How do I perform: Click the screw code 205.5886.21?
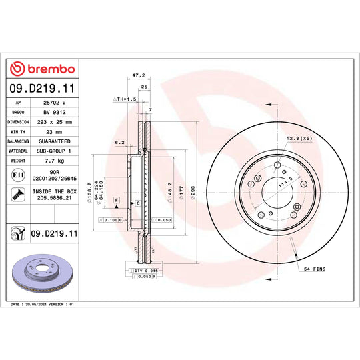pos(57,198)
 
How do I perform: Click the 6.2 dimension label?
pos(120,142)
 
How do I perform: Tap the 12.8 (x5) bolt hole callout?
pos(299,138)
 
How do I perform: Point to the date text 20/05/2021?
pos(39,303)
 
